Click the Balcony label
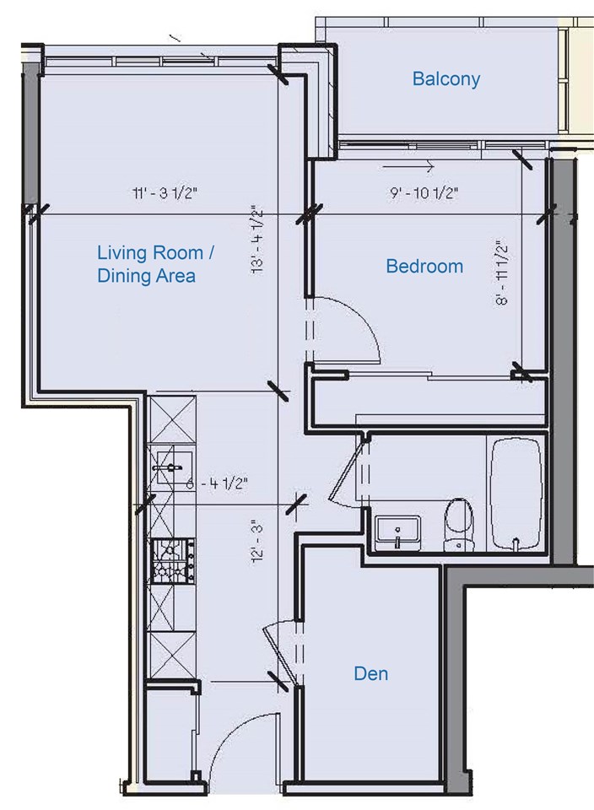point(445,79)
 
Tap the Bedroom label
point(424,266)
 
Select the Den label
point(371,673)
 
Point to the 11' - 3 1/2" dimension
point(165,193)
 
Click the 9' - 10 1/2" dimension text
point(424,193)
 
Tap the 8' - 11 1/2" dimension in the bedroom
point(501,273)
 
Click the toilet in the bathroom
point(458,523)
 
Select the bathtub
point(516,494)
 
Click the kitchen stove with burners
point(172,560)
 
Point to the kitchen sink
point(172,467)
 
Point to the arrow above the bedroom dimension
point(408,167)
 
